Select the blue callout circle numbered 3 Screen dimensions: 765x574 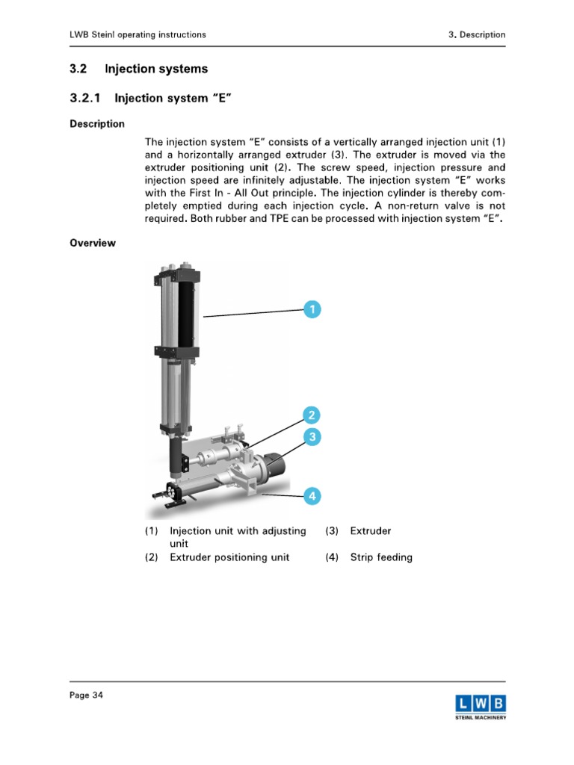tap(312, 436)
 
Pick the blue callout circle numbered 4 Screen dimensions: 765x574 tap(312, 495)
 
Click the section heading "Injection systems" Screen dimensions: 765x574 tap(156, 69)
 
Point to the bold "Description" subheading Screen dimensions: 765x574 tap(97, 124)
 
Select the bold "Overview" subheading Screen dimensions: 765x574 tap(93, 243)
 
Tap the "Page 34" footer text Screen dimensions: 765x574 tap(87, 696)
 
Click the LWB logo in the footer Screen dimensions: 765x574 tap(481, 706)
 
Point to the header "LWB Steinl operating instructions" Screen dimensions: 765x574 tap(138, 34)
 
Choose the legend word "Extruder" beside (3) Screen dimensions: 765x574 tap(371, 531)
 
